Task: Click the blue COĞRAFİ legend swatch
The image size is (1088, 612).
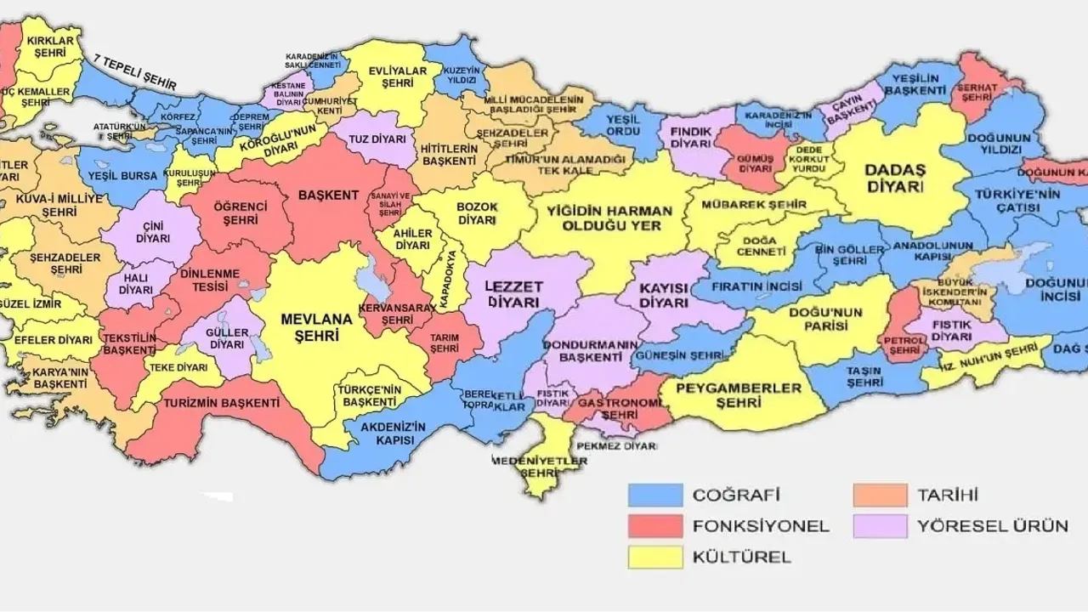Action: tap(654, 495)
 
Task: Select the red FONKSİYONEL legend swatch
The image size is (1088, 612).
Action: tap(654, 526)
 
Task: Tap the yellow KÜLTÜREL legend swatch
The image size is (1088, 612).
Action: tap(654, 558)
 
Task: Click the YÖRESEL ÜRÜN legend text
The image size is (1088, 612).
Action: tap(992, 526)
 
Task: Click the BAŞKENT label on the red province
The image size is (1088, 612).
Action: tap(327, 195)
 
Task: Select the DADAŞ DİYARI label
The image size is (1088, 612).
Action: tap(893, 178)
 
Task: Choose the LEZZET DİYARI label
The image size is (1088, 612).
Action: tap(513, 294)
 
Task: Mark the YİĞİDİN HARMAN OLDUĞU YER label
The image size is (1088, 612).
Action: tap(609, 218)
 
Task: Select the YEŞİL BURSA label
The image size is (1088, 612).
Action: tap(122, 177)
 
